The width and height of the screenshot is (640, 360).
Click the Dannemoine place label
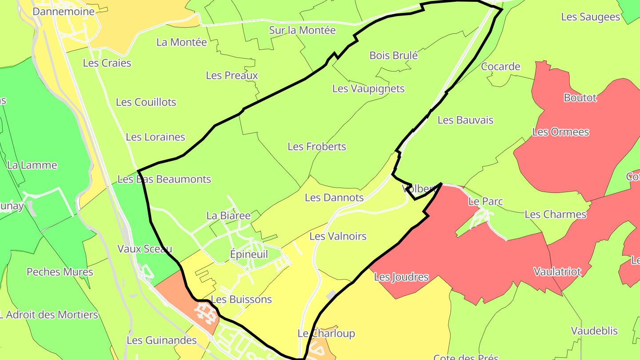tap(64, 12)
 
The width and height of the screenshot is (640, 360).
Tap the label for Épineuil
tap(249, 254)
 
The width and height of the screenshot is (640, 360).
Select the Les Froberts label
tap(317, 146)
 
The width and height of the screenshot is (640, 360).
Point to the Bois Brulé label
tap(394, 56)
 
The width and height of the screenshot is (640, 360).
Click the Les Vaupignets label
tap(368, 88)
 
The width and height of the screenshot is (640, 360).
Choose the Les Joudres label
tap(401, 277)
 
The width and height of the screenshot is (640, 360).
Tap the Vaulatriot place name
tap(557, 272)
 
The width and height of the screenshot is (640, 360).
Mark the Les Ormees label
tap(560, 132)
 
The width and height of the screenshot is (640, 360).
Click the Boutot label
tap(580, 98)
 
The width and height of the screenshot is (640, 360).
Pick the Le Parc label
tap(486, 201)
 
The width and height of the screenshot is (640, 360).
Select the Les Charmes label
tap(556, 214)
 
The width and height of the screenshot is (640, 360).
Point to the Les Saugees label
tap(591, 17)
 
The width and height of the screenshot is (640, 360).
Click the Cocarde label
tap(500, 67)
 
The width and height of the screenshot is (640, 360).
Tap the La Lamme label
tap(32, 165)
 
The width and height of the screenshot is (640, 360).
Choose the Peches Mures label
tap(60, 272)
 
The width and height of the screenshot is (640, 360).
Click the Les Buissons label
tap(241, 300)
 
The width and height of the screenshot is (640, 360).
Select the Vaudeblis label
tap(594, 331)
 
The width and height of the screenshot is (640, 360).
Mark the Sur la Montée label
tap(302, 30)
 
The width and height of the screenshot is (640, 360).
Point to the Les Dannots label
tap(334, 197)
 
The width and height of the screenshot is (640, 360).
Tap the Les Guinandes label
tap(162, 340)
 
